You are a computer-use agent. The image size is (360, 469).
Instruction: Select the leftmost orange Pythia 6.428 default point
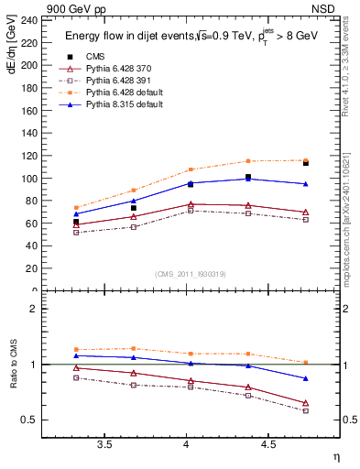click(x=77, y=208)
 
